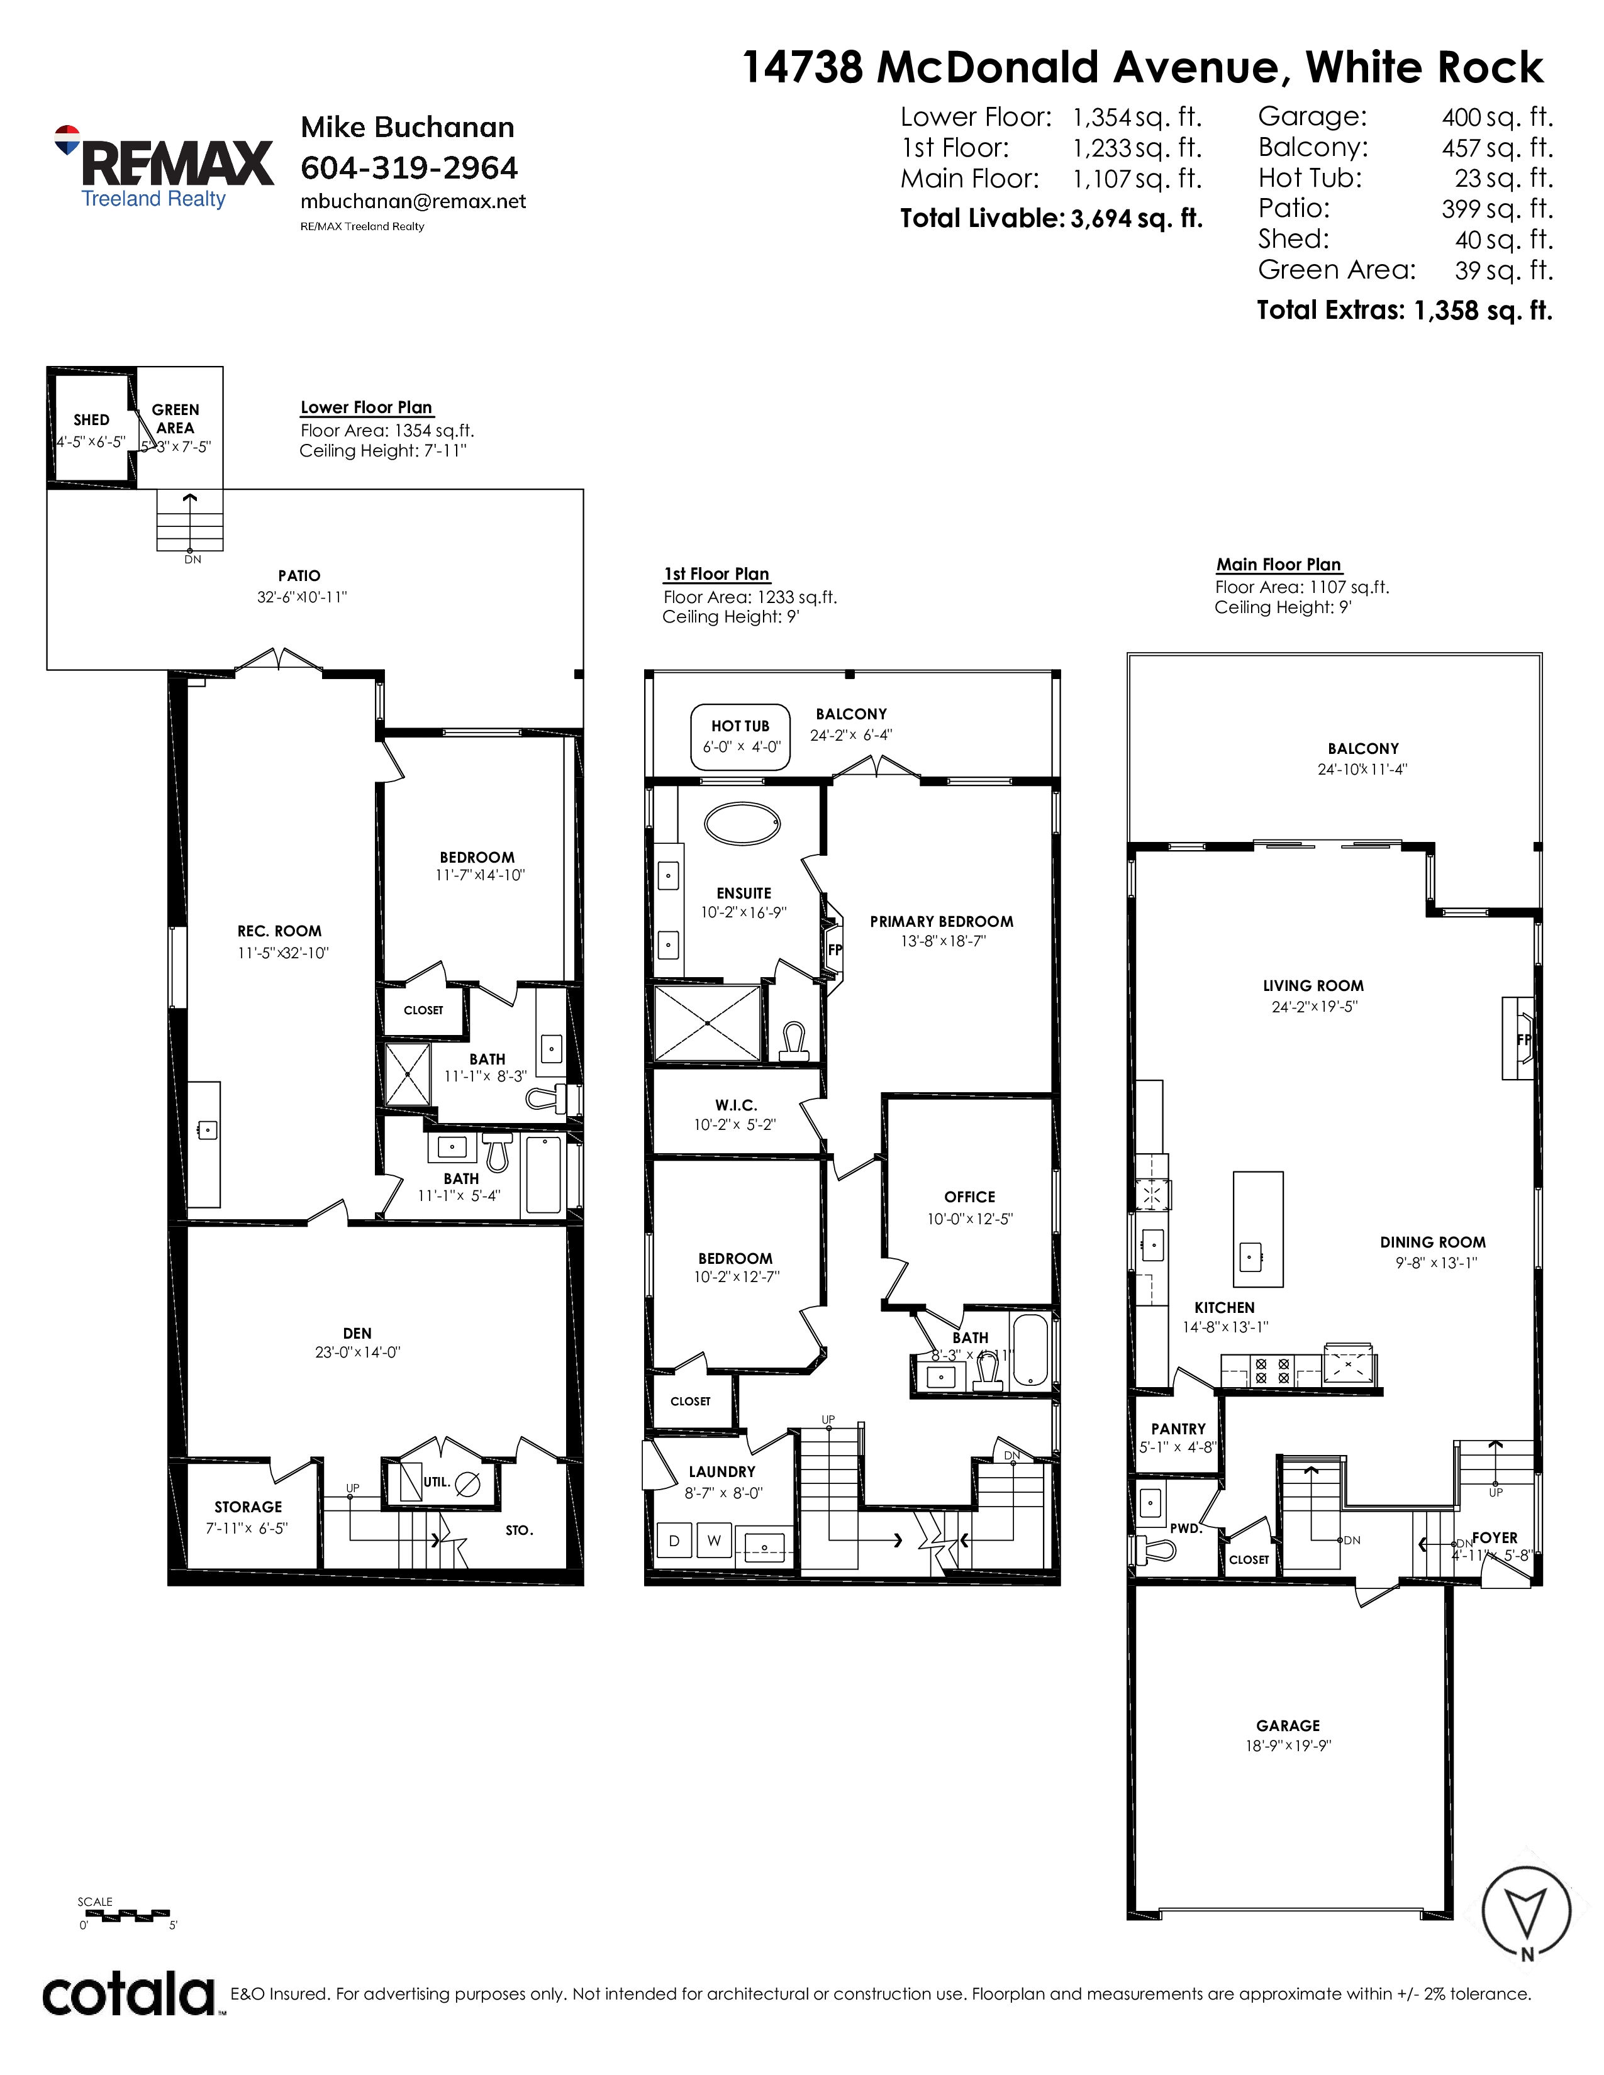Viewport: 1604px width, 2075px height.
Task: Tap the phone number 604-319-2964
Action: pos(409,168)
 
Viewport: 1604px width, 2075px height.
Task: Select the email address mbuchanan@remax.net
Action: pos(413,201)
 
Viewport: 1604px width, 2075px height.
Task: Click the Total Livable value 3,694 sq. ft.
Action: pos(1137,219)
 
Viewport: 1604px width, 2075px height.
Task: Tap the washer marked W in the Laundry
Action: pos(714,1541)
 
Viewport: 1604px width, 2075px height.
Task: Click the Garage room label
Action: pos(1288,1725)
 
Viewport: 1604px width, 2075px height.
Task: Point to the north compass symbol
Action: pos(1527,1913)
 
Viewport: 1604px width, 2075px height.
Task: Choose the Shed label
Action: pos(91,420)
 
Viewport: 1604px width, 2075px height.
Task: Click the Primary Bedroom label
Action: pos(942,922)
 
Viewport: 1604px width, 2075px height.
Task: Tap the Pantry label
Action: pos(1178,1429)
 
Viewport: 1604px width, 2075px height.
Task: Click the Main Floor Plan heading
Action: pos(1279,565)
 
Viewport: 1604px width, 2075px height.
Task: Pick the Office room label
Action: pos(970,1197)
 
